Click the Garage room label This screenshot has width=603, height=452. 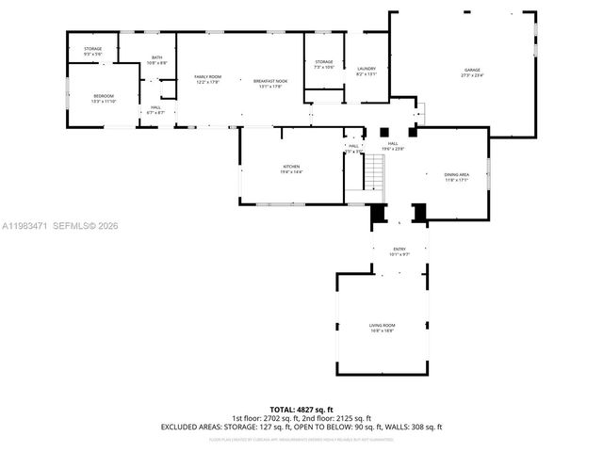click(x=471, y=71)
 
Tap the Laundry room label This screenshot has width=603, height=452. click(x=367, y=68)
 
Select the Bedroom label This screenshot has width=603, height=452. click(x=104, y=95)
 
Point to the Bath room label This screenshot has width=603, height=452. click(x=157, y=57)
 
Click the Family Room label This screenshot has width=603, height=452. click(x=207, y=76)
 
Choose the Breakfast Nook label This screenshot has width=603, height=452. click(x=269, y=81)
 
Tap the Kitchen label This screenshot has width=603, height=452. click(x=291, y=166)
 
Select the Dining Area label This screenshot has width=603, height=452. click(x=457, y=174)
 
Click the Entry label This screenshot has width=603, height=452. click(x=399, y=249)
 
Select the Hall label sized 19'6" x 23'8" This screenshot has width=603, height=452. click(x=392, y=146)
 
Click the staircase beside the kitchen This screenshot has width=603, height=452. click(x=375, y=171)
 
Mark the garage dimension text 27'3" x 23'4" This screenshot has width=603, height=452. click(x=471, y=75)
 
